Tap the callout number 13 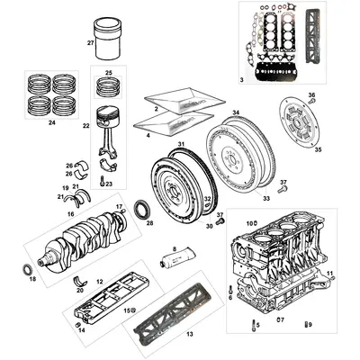(189, 332)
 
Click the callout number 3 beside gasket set (242, 80)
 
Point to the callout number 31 (181, 145)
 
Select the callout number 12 (100, 282)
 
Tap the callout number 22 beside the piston (86, 126)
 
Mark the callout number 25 (108, 72)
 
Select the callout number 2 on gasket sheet (157, 108)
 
